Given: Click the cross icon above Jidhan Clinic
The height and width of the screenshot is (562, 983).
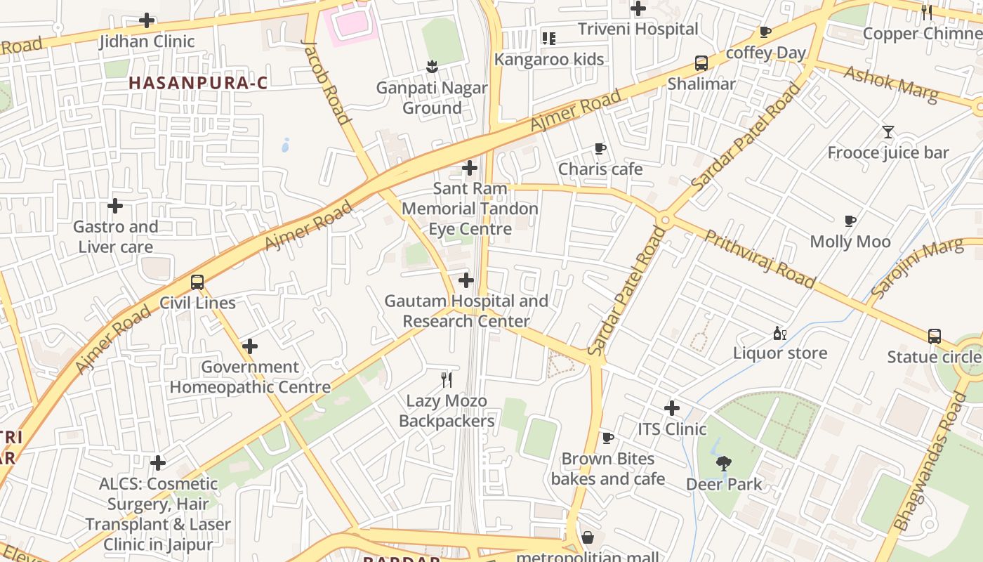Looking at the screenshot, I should click(x=147, y=20).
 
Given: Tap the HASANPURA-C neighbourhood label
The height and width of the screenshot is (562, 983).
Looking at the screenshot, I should click(x=198, y=83).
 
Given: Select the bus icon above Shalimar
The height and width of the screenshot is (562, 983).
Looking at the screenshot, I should click(x=701, y=63).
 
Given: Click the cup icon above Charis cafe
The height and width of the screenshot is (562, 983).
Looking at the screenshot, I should click(x=600, y=148).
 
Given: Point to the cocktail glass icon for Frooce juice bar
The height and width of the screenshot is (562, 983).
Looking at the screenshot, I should click(x=888, y=131).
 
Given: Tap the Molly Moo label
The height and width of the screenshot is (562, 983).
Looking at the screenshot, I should click(x=850, y=242).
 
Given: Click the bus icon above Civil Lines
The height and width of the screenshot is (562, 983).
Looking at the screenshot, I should click(x=197, y=282).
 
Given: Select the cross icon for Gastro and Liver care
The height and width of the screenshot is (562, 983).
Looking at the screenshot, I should click(x=115, y=206).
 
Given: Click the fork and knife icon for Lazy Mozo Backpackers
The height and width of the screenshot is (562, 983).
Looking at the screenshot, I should click(x=446, y=380).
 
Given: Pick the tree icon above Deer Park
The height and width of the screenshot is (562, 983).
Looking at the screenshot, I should click(x=723, y=463).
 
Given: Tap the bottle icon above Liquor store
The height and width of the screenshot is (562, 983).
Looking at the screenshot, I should click(x=779, y=333).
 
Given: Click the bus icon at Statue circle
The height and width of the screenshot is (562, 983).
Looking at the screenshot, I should click(x=934, y=336).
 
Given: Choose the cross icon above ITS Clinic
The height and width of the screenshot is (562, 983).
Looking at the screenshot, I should click(x=672, y=407).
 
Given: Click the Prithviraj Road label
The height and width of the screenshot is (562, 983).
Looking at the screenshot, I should click(x=760, y=259).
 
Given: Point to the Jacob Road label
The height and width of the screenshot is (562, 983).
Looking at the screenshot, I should click(x=326, y=81).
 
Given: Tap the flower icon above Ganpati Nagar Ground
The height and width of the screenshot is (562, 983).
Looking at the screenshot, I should click(x=432, y=67).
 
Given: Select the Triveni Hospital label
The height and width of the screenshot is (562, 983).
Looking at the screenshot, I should click(x=638, y=29).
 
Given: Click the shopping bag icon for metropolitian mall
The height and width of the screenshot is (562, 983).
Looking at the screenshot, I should click(x=588, y=538).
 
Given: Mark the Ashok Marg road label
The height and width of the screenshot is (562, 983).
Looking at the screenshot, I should click(x=890, y=84).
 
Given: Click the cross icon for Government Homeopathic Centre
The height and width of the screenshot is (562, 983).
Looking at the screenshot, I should click(x=249, y=346).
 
